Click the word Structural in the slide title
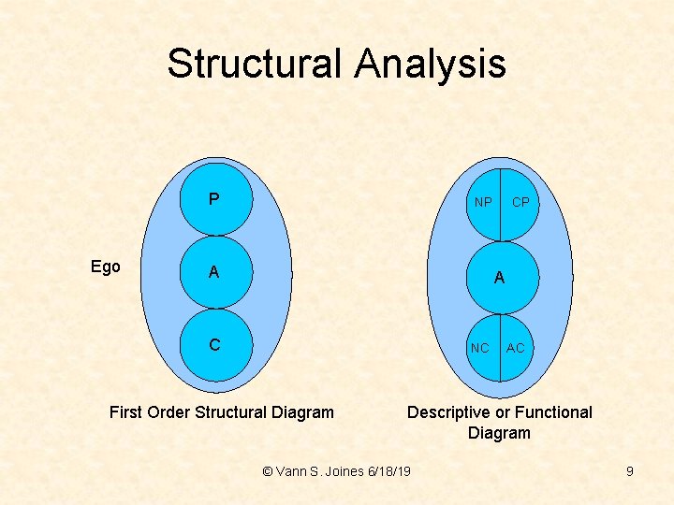(x=256, y=65)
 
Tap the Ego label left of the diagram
(x=106, y=267)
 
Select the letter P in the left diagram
(x=214, y=199)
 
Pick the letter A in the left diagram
(x=214, y=272)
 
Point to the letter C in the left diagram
(x=214, y=345)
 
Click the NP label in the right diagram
(x=483, y=202)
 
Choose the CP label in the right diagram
(x=520, y=202)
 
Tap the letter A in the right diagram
(x=500, y=278)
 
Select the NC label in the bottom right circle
(x=480, y=348)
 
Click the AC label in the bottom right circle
(x=516, y=348)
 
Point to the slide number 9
(x=630, y=471)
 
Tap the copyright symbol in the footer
(x=269, y=471)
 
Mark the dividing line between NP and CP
(x=501, y=187)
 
